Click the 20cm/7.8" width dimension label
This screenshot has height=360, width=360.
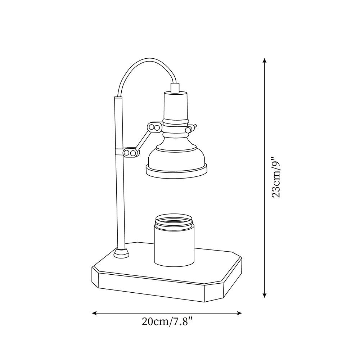(x=167, y=322)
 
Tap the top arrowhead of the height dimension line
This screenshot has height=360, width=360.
(x=265, y=60)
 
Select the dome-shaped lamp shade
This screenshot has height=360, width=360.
(x=176, y=155)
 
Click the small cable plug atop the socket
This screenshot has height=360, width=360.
(x=175, y=87)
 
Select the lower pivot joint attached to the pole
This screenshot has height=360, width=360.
(x=130, y=153)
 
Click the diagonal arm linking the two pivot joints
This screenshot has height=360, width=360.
(x=143, y=140)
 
